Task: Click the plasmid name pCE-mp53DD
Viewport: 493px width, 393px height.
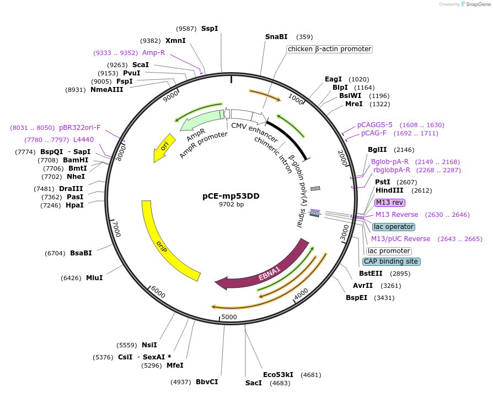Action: click(231, 196)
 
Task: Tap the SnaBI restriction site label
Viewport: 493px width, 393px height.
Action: click(276, 37)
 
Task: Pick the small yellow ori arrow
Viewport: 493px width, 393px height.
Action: click(162, 149)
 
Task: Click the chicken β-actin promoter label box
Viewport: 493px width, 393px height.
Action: click(329, 49)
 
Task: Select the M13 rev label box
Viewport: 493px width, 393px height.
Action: click(390, 203)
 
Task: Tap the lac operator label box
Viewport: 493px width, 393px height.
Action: click(394, 227)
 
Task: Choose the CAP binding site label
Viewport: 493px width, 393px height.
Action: click(390, 261)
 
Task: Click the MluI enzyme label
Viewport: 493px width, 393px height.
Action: click(94, 277)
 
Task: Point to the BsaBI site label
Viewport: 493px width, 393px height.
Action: click(81, 253)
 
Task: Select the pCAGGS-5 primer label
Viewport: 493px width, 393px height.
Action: click(375, 125)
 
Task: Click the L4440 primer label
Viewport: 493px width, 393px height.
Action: click(83, 140)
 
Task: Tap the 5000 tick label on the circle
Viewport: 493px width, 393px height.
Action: click(228, 316)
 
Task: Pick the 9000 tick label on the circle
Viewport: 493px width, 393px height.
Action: click(172, 96)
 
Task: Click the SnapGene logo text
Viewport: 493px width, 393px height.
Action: click(478, 4)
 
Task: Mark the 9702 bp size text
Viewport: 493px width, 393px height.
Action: click(231, 204)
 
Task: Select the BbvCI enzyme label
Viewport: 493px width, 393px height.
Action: click(207, 381)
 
